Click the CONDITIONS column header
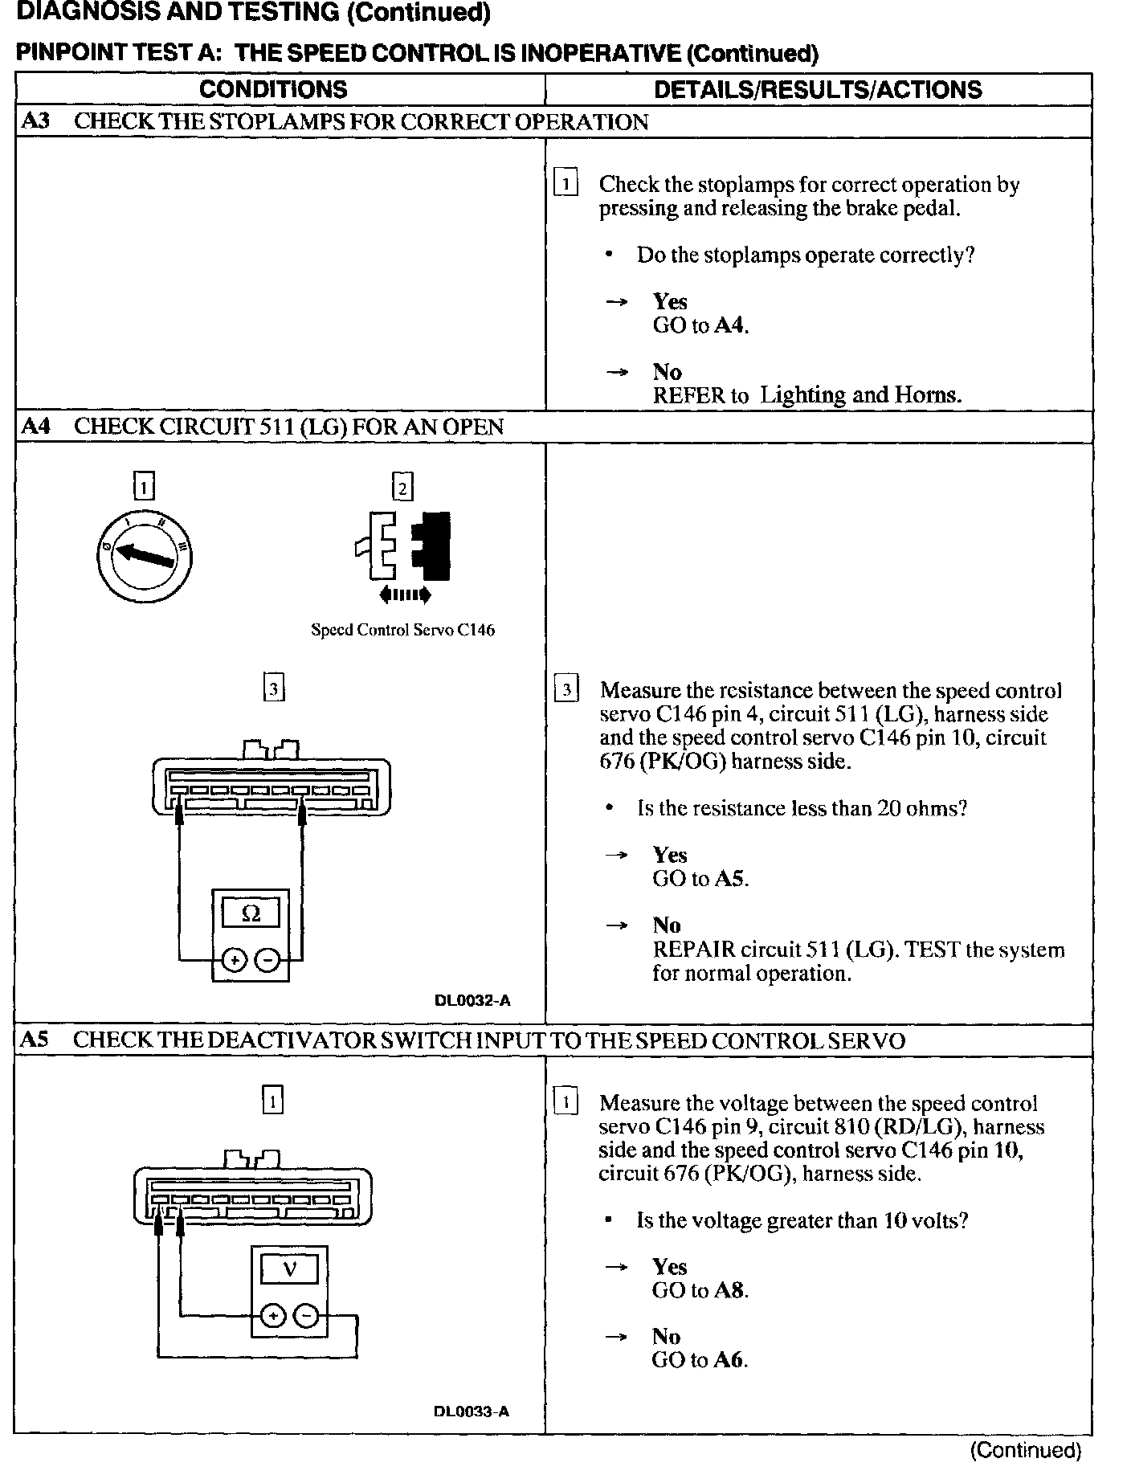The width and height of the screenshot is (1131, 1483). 273,89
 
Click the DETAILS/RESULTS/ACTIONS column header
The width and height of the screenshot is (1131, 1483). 818,89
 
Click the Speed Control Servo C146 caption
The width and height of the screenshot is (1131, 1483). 402,630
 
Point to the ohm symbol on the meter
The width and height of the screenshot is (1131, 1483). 251,913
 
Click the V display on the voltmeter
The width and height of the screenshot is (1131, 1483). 289,1269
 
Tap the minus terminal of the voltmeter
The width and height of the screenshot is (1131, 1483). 306,1316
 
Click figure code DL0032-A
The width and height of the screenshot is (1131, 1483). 472,1000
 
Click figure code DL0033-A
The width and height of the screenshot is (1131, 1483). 472,1412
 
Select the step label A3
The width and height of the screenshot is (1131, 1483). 35,121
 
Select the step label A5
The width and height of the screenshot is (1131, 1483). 35,1040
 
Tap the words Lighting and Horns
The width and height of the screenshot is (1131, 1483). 860,394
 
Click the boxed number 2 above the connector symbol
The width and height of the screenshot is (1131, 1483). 402,488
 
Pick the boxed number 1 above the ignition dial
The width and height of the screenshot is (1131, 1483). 144,487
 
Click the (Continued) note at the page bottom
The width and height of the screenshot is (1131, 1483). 1026,1450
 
